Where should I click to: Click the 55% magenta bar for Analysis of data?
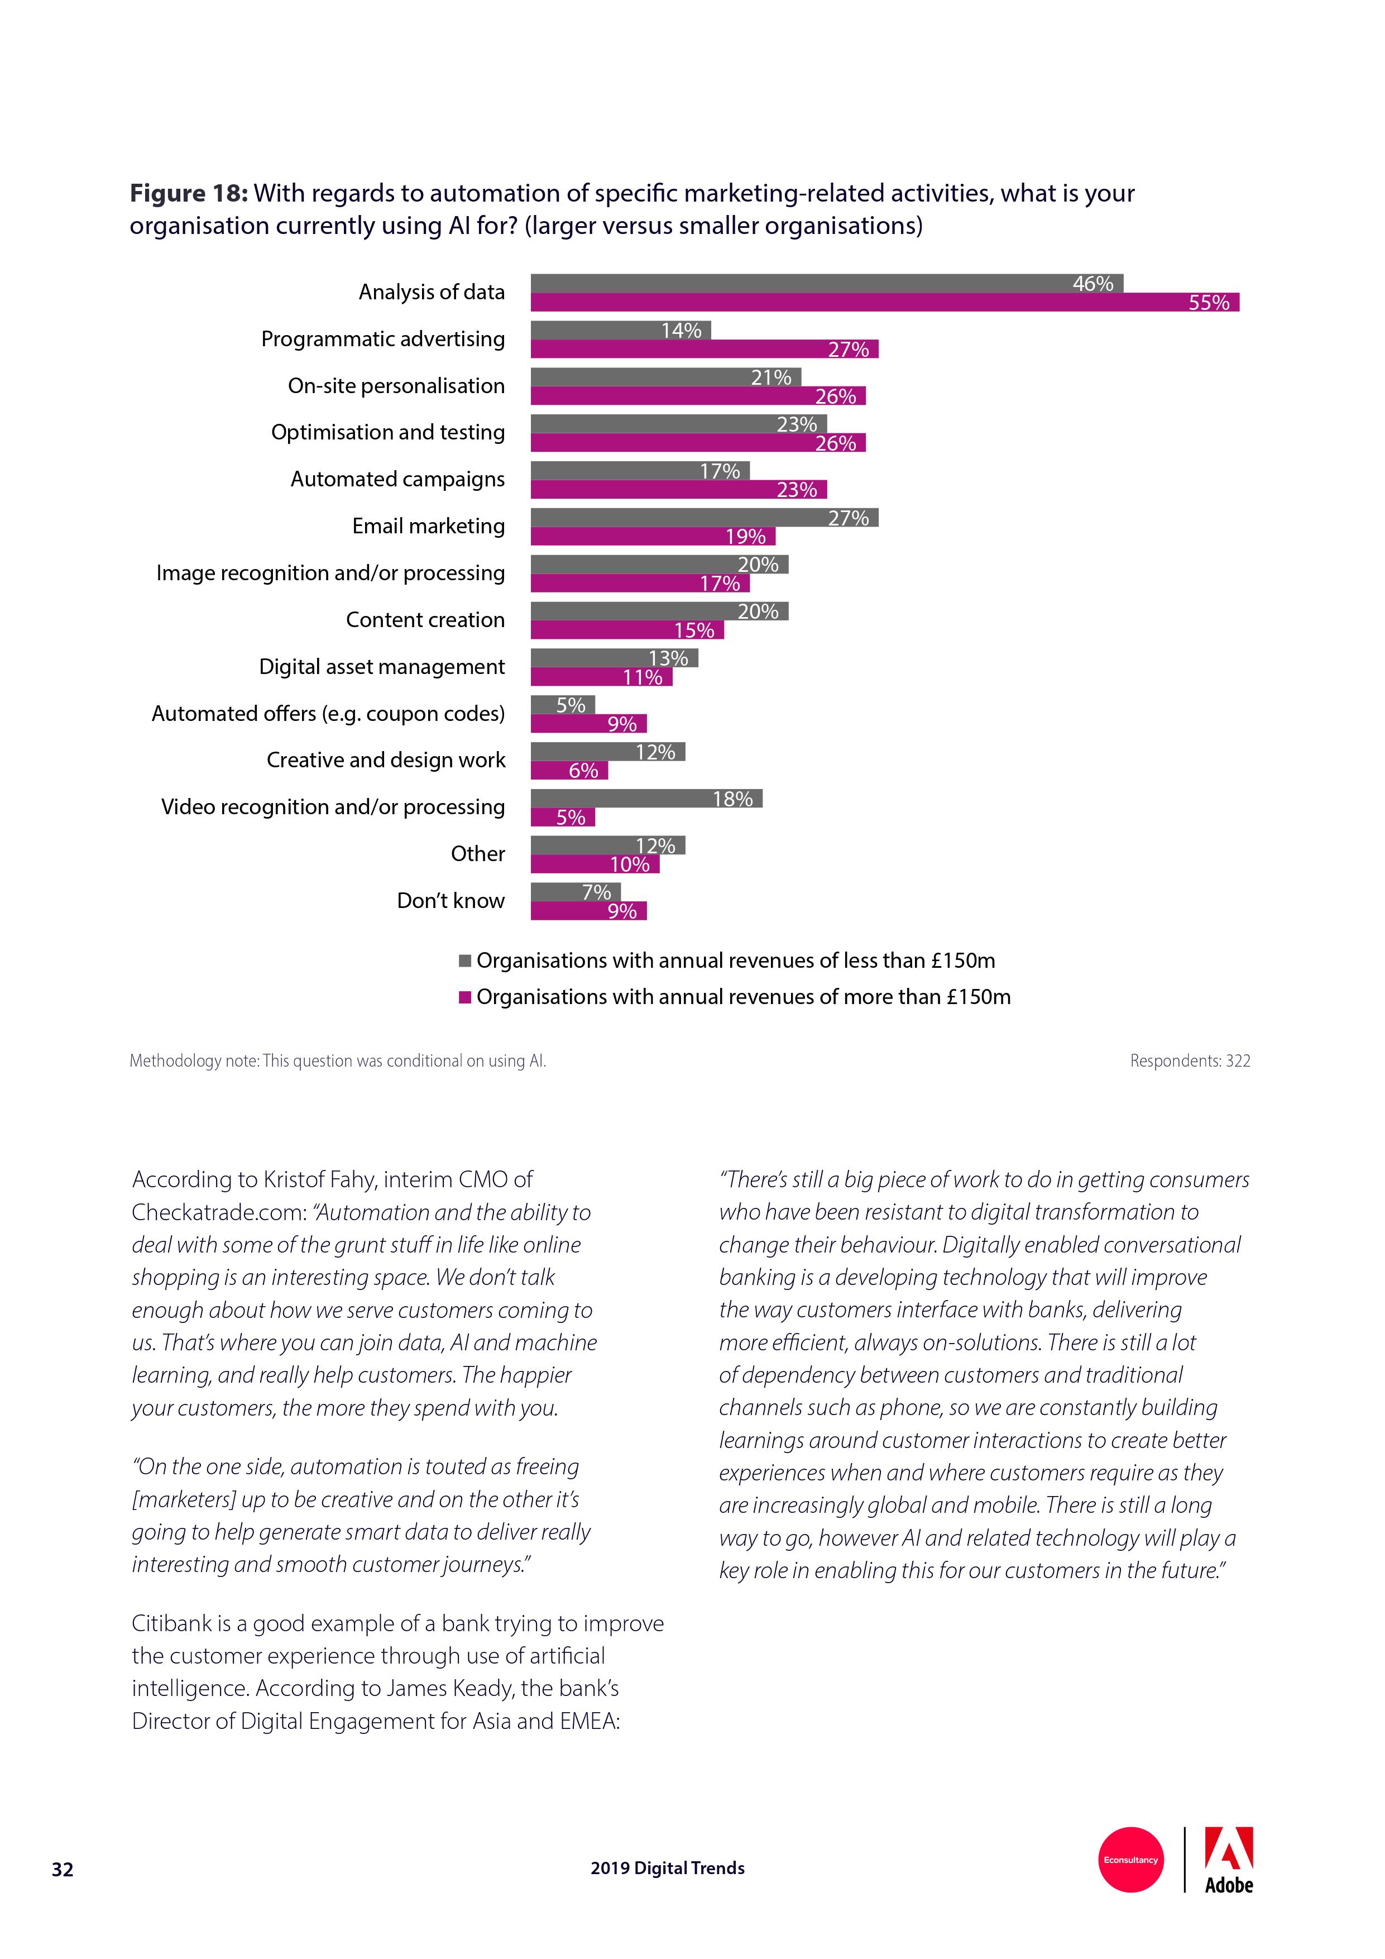click(x=884, y=302)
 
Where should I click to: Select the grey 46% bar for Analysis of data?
click(x=826, y=283)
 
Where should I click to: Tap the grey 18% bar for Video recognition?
click(x=645, y=799)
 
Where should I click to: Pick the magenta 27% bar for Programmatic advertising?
click(x=703, y=349)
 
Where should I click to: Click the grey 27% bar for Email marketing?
click(x=703, y=517)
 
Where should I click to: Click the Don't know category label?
click(x=451, y=900)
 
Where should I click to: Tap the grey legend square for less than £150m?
click(x=465, y=961)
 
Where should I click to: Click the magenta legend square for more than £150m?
click(x=465, y=997)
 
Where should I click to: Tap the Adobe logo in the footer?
click(x=1228, y=1860)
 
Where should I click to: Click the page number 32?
click(x=63, y=1870)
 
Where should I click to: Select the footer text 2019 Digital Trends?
click(x=667, y=1868)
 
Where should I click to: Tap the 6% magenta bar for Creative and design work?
click(x=569, y=771)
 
